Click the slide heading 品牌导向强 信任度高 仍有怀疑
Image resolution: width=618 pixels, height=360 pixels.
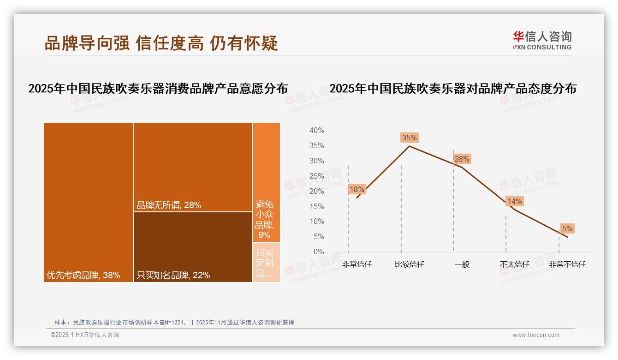click(161, 43)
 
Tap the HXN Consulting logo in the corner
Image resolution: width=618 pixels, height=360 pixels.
click(542, 40)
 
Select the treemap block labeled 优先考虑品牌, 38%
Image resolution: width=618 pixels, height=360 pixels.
click(89, 202)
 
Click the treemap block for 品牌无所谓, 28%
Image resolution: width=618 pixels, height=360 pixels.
click(193, 167)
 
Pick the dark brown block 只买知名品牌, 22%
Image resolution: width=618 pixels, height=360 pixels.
click(193, 247)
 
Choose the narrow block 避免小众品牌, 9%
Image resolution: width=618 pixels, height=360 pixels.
click(266, 182)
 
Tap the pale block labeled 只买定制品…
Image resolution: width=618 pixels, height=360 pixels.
click(266, 262)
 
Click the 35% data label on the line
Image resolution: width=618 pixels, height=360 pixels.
click(409, 138)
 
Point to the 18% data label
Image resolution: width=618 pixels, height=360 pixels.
click(357, 189)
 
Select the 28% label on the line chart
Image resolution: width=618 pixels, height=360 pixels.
click(462, 159)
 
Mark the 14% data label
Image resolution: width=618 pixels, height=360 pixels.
click(514, 201)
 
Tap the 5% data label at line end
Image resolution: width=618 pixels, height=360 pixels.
click(567, 228)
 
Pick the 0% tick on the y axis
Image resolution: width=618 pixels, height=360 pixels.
click(318, 252)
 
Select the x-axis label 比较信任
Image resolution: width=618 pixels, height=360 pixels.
click(409, 264)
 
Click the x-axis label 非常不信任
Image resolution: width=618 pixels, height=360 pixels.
click(567, 264)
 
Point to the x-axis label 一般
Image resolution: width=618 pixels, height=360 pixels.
click(462, 264)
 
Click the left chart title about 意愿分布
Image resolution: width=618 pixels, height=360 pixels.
click(158, 89)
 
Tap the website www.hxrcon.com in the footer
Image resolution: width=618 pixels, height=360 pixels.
click(536, 335)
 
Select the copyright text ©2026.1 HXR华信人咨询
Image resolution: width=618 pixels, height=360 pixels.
click(85, 335)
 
